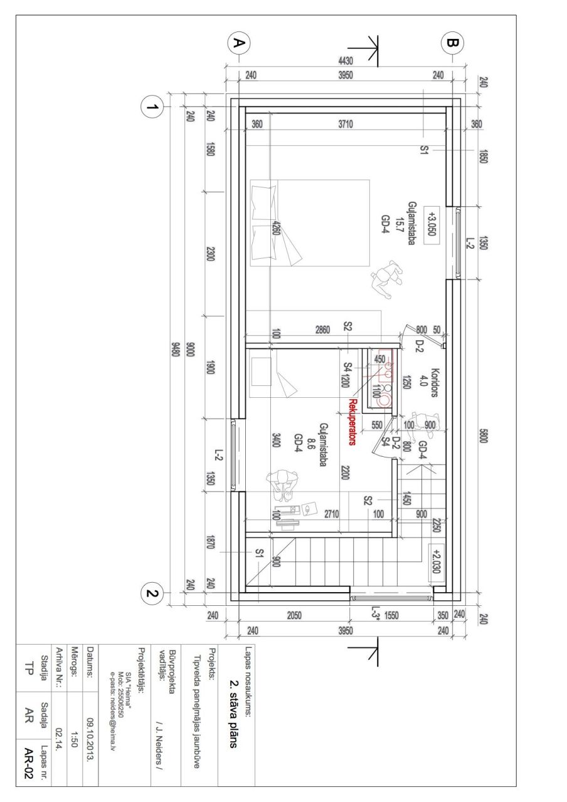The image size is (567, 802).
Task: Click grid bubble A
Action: [238, 43]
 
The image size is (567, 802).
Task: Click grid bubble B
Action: [453, 43]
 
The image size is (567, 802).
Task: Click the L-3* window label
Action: [375, 612]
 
